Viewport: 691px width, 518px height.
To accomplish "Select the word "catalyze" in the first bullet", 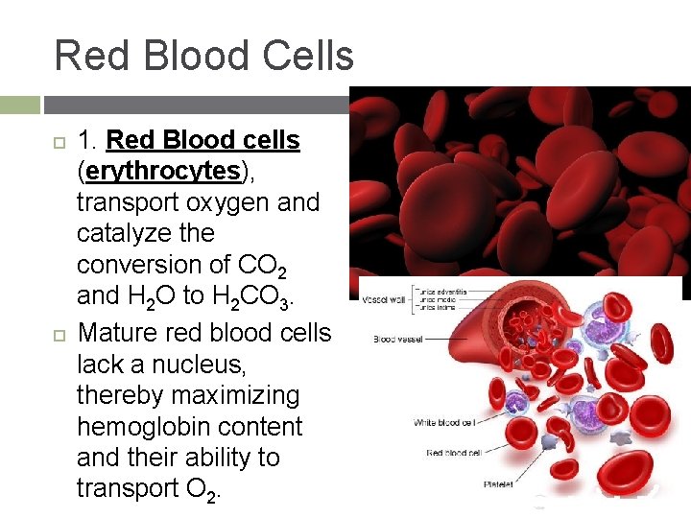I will pos(145,233).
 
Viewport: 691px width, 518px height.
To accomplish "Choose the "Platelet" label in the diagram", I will pos(496,484).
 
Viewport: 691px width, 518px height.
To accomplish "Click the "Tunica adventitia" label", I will pos(441,288).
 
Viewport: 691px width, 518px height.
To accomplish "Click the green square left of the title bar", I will pos(20,104).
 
